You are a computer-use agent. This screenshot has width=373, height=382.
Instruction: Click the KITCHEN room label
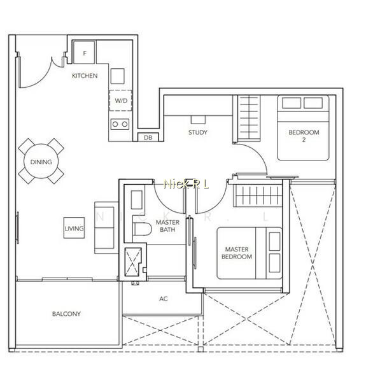85,76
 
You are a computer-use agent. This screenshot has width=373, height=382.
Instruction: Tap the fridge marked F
84,52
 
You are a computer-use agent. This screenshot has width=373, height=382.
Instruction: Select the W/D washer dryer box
120,101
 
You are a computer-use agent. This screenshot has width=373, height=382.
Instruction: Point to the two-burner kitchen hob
120,124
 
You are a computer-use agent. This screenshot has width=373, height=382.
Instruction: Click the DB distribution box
148,138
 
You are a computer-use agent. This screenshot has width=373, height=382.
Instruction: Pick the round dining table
41,161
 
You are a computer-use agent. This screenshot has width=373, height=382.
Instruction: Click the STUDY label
198,132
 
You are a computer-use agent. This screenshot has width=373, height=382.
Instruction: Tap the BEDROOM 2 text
304,136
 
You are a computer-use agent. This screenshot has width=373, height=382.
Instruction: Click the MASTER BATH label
167,226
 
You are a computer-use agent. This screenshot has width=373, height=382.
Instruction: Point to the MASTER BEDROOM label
237,253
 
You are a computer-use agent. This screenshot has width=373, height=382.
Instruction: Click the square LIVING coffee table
74,228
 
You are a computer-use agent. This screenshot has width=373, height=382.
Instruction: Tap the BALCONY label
66,314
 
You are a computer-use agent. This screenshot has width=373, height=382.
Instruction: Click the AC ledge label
164,299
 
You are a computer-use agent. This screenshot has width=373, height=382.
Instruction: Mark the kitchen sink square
117,76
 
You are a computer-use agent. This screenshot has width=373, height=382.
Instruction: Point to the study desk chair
198,120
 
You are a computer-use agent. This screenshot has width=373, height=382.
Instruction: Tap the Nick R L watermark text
186,184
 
